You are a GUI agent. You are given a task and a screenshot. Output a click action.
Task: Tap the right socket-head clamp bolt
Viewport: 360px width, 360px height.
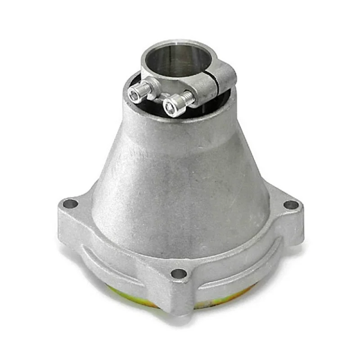(x=175, y=106)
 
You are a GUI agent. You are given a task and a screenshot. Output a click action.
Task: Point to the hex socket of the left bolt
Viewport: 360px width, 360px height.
(x=135, y=94)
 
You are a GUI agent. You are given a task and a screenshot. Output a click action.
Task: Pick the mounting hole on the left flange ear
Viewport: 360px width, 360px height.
(x=70, y=204)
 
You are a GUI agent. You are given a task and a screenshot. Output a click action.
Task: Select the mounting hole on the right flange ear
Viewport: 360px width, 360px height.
(x=291, y=205)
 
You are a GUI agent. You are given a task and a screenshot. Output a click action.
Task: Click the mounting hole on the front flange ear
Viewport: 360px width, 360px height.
(x=179, y=273)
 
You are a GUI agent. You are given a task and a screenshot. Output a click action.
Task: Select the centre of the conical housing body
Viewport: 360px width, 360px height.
(x=180, y=189)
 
